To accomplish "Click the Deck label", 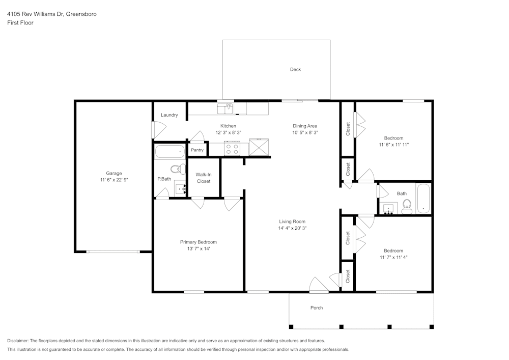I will (x=295, y=69).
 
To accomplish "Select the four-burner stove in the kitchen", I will (x=232, y=149).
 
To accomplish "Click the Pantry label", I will (x=197, y=150).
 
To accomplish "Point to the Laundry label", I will (x=169, y=115).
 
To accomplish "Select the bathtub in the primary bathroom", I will (x=170, y=152).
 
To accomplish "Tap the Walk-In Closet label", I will (x=203, y=178).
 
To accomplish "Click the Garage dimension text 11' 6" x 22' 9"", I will (x=114, y=180).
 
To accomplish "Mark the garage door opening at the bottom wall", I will (x=113, y=252).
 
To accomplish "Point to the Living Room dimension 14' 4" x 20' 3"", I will (x=292, y=229).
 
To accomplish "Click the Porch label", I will (x=317, y=308).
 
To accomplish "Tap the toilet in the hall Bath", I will (x=407, y=205).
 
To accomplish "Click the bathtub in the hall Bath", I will (x=423, y=198).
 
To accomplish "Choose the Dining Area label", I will (x=305, y=126).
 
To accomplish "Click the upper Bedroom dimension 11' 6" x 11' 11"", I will (x=393, y=145).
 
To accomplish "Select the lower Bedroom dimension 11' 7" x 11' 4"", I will (x=393, y=257).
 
